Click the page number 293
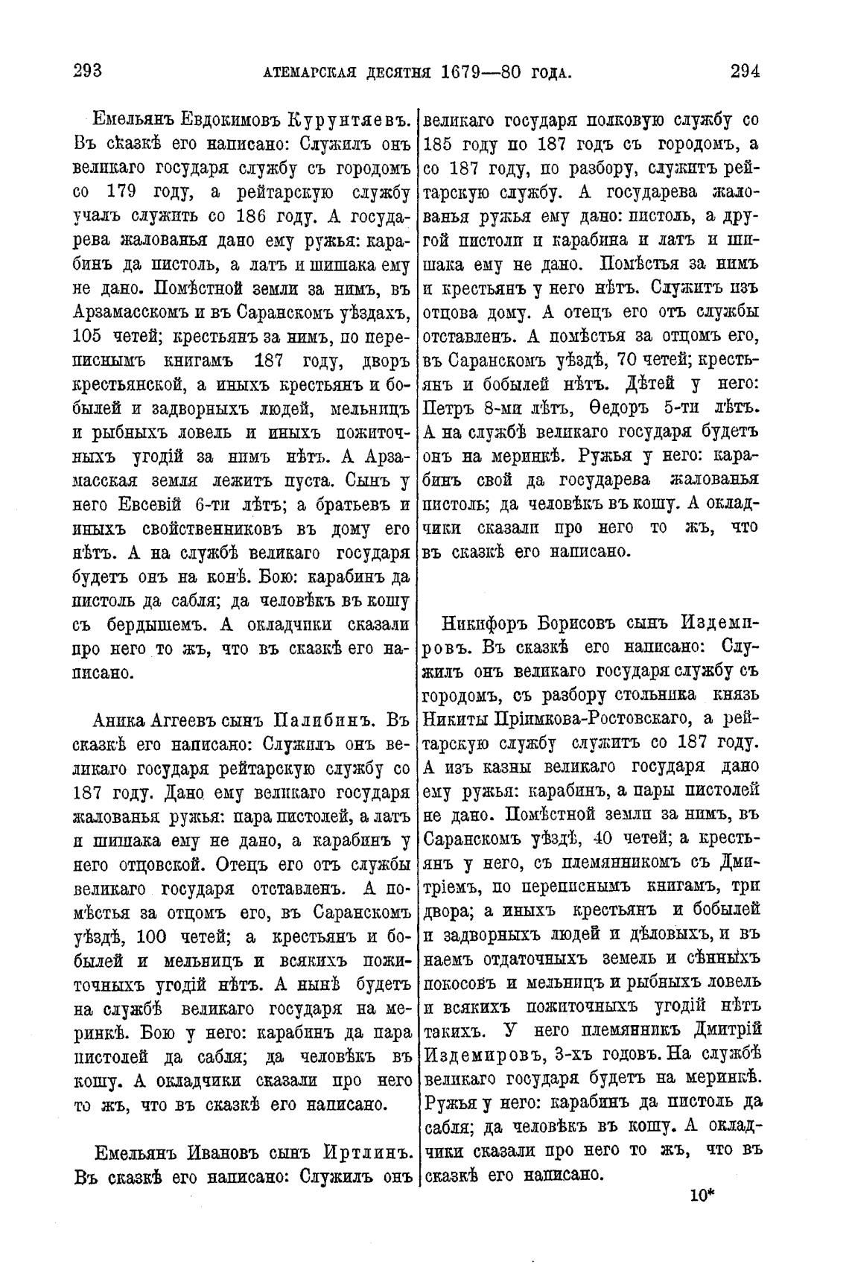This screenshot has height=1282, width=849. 87,72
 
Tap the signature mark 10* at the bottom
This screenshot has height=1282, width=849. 702,1196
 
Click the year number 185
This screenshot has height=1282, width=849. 439,143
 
